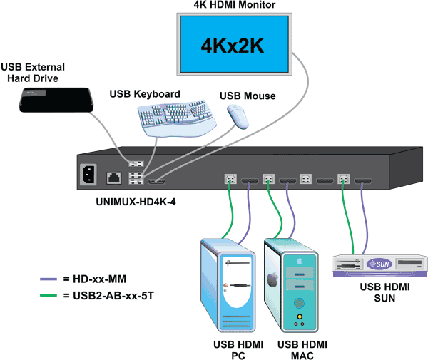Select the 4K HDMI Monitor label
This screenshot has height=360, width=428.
point(235,6)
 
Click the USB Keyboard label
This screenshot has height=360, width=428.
point(145,93)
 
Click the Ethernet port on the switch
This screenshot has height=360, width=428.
point(113,176)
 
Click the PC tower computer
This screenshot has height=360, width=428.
point(227,286)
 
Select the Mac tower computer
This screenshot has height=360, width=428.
point(291,284)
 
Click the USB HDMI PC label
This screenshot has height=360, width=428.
point(228,349)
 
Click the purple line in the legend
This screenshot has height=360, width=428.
point(52,279)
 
